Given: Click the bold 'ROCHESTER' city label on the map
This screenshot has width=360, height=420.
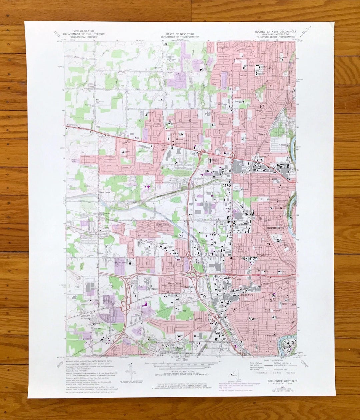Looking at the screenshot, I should click(276, 228).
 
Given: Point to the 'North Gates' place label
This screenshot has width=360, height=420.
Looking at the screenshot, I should click(163, 224).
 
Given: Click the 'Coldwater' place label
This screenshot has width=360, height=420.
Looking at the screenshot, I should click(97, 328).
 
